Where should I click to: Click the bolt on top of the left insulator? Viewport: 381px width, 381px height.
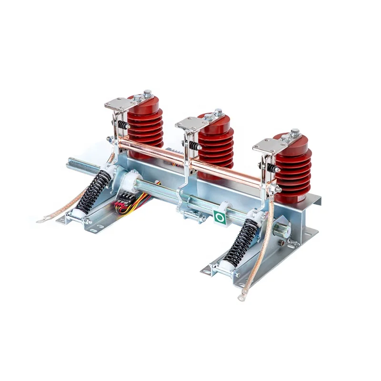tap(148, 93)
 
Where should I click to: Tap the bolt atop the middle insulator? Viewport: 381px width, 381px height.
tap(218, 112)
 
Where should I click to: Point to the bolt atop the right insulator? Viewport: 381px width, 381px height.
tap(295, 132)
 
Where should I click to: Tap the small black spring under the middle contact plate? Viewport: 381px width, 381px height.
tap(194, 145)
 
